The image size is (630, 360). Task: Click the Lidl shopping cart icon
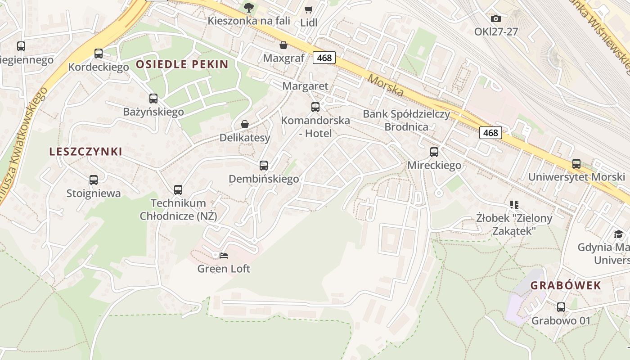click(x=308, y=9)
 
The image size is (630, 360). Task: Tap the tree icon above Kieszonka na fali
click(x=248, y=7)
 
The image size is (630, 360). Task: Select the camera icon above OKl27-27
click(x=495, y=18)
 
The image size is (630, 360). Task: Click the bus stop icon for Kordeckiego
click(x=99, y=54)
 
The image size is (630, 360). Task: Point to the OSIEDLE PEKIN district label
click(x=182, y=64)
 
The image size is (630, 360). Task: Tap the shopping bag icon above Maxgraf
click(x=283, y=45)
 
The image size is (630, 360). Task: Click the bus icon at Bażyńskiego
click(x=153, y=98)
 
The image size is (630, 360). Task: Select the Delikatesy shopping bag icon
click(x=245, y=124)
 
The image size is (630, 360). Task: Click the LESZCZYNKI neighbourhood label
click(x=85, y=152)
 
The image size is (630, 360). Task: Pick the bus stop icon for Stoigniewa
click(x=94, y=180)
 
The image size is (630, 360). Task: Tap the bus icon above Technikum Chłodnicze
click(x=178, y=190)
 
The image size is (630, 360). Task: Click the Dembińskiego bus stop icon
click(x=264, y=165)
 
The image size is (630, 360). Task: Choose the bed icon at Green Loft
click(x=224, y=256)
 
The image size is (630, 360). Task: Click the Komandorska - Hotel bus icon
click(x=315, y=107)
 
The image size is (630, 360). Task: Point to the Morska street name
click(x=386, y=85)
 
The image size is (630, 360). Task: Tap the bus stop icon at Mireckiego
click(x=434, y=152)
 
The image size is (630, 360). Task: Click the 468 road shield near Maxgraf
click(x=324, y=58)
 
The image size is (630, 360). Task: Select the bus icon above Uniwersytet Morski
click(x=576, y=163)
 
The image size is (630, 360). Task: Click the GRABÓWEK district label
click(x=565, y=285)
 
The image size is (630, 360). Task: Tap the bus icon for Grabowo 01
click(x=561, y=307)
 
